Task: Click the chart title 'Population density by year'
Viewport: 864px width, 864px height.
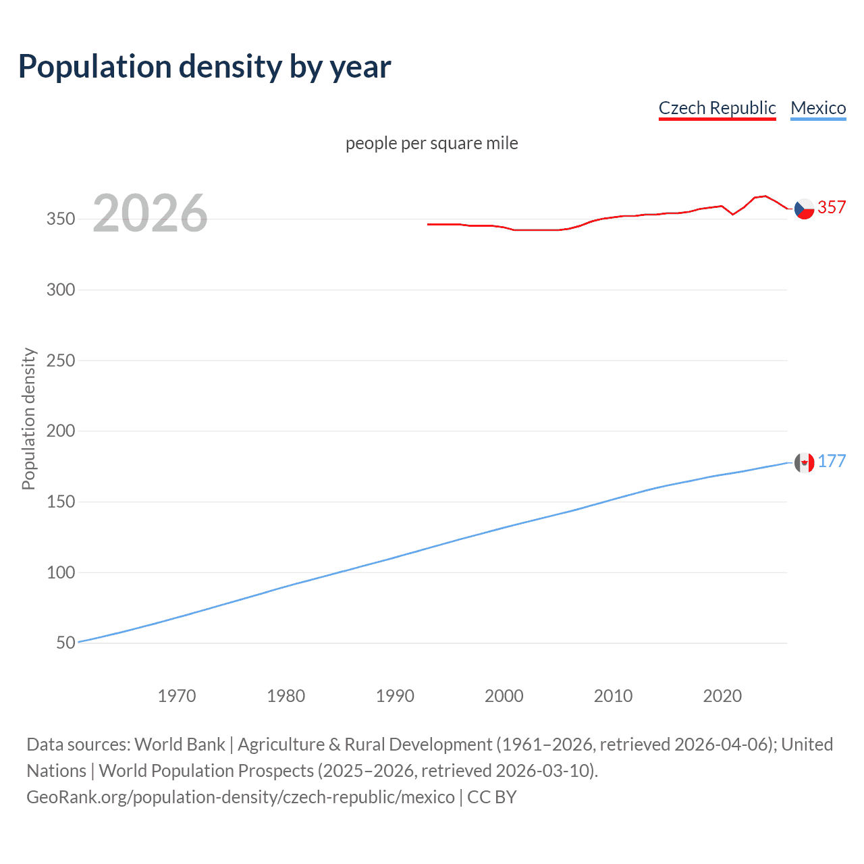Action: click(x=205, y=67)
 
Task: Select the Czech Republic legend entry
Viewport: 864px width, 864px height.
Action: click(x=717, y=108)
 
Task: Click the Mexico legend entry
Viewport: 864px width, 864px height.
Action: click(x=818, y=108)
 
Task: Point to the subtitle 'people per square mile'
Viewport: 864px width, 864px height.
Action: click(x=431, y=143)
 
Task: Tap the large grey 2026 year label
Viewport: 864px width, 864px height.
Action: click(x=150, y=213)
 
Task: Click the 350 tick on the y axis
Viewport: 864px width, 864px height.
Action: click(x=61, y=219)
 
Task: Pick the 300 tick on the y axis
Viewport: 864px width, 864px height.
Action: click(x=61, y=290)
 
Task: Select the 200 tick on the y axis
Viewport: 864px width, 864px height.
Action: click(x=61, y=431)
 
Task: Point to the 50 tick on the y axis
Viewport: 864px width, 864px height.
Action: click(x=65, y=643)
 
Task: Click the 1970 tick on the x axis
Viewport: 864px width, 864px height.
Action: click(x=177, y=696)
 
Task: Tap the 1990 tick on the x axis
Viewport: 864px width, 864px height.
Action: click(x=395, y=696)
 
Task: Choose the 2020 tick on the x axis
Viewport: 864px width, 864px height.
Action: click(x=722, y=696)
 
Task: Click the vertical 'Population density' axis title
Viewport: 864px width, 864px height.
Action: click(x=28, y=418)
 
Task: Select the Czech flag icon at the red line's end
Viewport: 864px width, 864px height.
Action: click(x=804, y=209)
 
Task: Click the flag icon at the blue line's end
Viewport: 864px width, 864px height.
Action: click(x=804, y=462)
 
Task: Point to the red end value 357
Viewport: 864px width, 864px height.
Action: click(x=832, y=207)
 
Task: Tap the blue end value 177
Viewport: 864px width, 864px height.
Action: click(x=832, y=461)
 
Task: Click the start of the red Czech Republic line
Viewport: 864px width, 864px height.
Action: click(x=429, y=224)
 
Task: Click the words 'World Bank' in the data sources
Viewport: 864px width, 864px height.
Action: click(x=180, y=745)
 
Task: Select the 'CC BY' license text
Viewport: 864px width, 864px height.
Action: click(x=491, y=797)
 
